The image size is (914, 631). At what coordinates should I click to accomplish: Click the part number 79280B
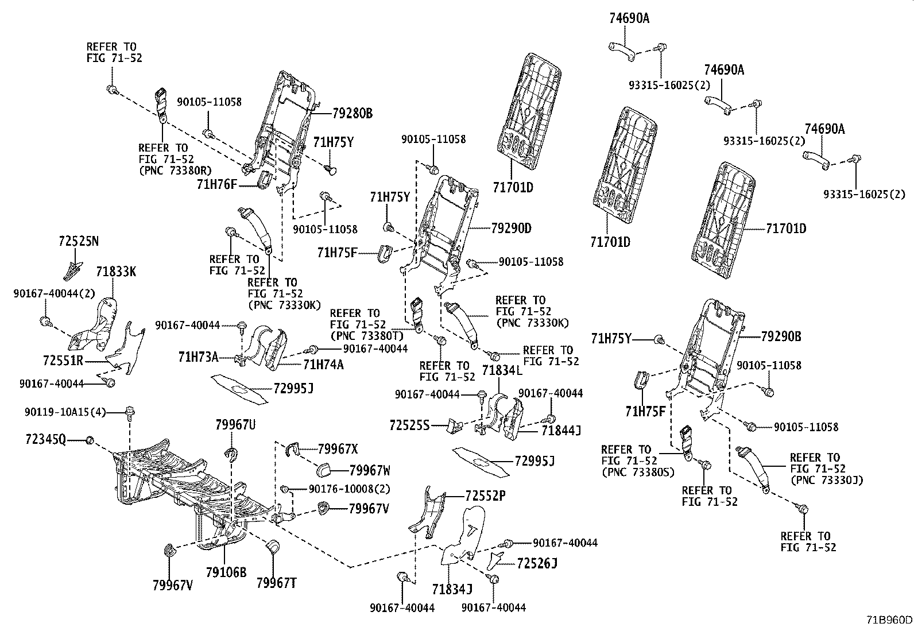click(x=352, y=113)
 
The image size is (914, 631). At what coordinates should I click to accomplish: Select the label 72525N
click(x=78, y=241)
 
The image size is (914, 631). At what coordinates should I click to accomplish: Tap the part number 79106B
click(x=226, y=572)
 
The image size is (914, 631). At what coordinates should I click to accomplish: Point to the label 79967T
click(x=276, y=584)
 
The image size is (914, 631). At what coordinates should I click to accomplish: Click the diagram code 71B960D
click(x=889, y=620)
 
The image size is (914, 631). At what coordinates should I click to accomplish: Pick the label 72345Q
click(x=45, y=440)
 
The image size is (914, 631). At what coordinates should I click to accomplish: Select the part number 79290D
click(x=511, y=228)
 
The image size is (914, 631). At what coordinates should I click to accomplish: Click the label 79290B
click(x=781, y=336)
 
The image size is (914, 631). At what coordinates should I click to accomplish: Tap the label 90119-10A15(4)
click(x=65, y=411)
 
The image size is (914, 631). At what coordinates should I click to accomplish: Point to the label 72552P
click(x=485, y=495)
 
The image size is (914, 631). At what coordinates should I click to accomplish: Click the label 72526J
click(x=537, y=563)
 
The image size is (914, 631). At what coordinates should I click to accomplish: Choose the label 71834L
click(x=502, y=370)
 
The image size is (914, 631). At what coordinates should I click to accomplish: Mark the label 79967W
click(x=370, y=470)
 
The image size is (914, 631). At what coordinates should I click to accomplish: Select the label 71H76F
click(x=216, y=184)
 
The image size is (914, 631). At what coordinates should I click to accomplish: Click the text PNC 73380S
click(x=637, y=472)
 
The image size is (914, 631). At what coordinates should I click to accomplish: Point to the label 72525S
click(x=409, y=425)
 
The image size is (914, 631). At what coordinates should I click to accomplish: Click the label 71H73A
click(x=198, y=357)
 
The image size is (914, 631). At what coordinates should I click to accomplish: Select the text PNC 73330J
click(x=827, y=480)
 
